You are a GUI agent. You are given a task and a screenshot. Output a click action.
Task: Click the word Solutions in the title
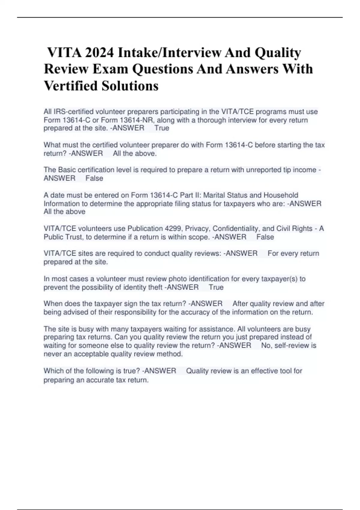pos(130,86)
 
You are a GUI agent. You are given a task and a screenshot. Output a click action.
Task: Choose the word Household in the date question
pos(281,195)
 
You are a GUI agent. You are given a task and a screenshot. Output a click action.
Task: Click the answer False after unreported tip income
pos(94,178)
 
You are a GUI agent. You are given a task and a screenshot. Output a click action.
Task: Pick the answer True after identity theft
pos(216,287)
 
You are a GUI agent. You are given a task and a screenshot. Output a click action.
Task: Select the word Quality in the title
pos(278,53)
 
